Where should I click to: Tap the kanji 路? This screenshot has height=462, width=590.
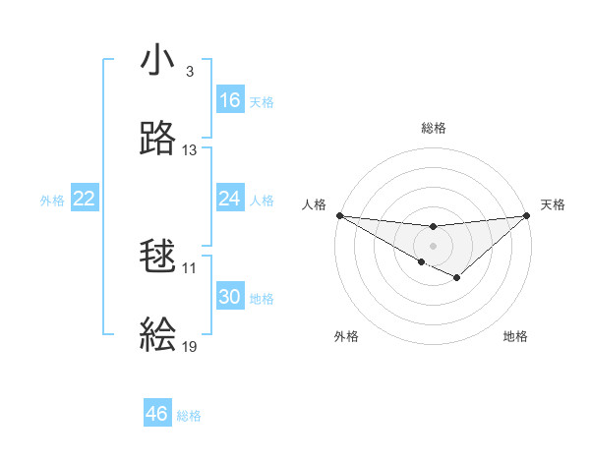[x=158, y=139]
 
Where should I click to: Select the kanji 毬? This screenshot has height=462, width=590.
[x=158, y=258]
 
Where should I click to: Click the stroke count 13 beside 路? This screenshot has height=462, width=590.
[x=190, y=150]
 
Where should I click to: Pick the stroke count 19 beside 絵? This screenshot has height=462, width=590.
[x=190, y=347]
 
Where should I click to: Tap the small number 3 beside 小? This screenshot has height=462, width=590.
[x=189, y=72]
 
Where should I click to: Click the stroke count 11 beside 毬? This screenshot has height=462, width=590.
[x=190, y=268]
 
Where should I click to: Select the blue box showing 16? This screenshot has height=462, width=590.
[x=230, y=100]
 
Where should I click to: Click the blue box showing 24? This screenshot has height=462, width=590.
[x=230, y=199]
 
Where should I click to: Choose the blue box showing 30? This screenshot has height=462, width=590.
[x=230, y=297]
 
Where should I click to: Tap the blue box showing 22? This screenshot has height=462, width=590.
[x=85, y=199]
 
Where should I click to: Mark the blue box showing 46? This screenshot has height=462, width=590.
[x=157, y=414]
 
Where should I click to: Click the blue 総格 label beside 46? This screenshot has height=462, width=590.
[x=189, y=416]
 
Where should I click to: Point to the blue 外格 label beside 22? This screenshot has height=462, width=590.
[x=52, y=201]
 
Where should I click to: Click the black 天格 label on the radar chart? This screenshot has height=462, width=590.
[x=553, y=204]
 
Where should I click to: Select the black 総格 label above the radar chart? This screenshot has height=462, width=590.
[x=433, y=128]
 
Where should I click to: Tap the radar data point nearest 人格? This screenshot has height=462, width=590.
[x=339, y=215]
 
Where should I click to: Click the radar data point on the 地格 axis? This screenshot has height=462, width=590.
[x=457, y=279]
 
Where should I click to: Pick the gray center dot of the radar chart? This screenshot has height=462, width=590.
[x=433, y=245]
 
